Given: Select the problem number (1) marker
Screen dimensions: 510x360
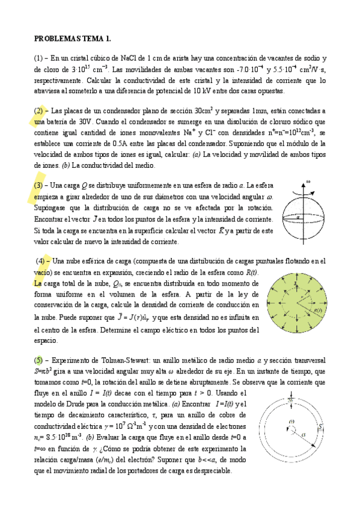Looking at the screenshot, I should [x=39, y=58].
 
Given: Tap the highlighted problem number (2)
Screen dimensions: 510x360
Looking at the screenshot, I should [x=39, y=111].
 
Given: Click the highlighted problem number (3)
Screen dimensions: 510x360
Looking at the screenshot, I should [x=39, y=185].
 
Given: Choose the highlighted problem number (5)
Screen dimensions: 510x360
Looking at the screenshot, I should [x=39, y=360].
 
